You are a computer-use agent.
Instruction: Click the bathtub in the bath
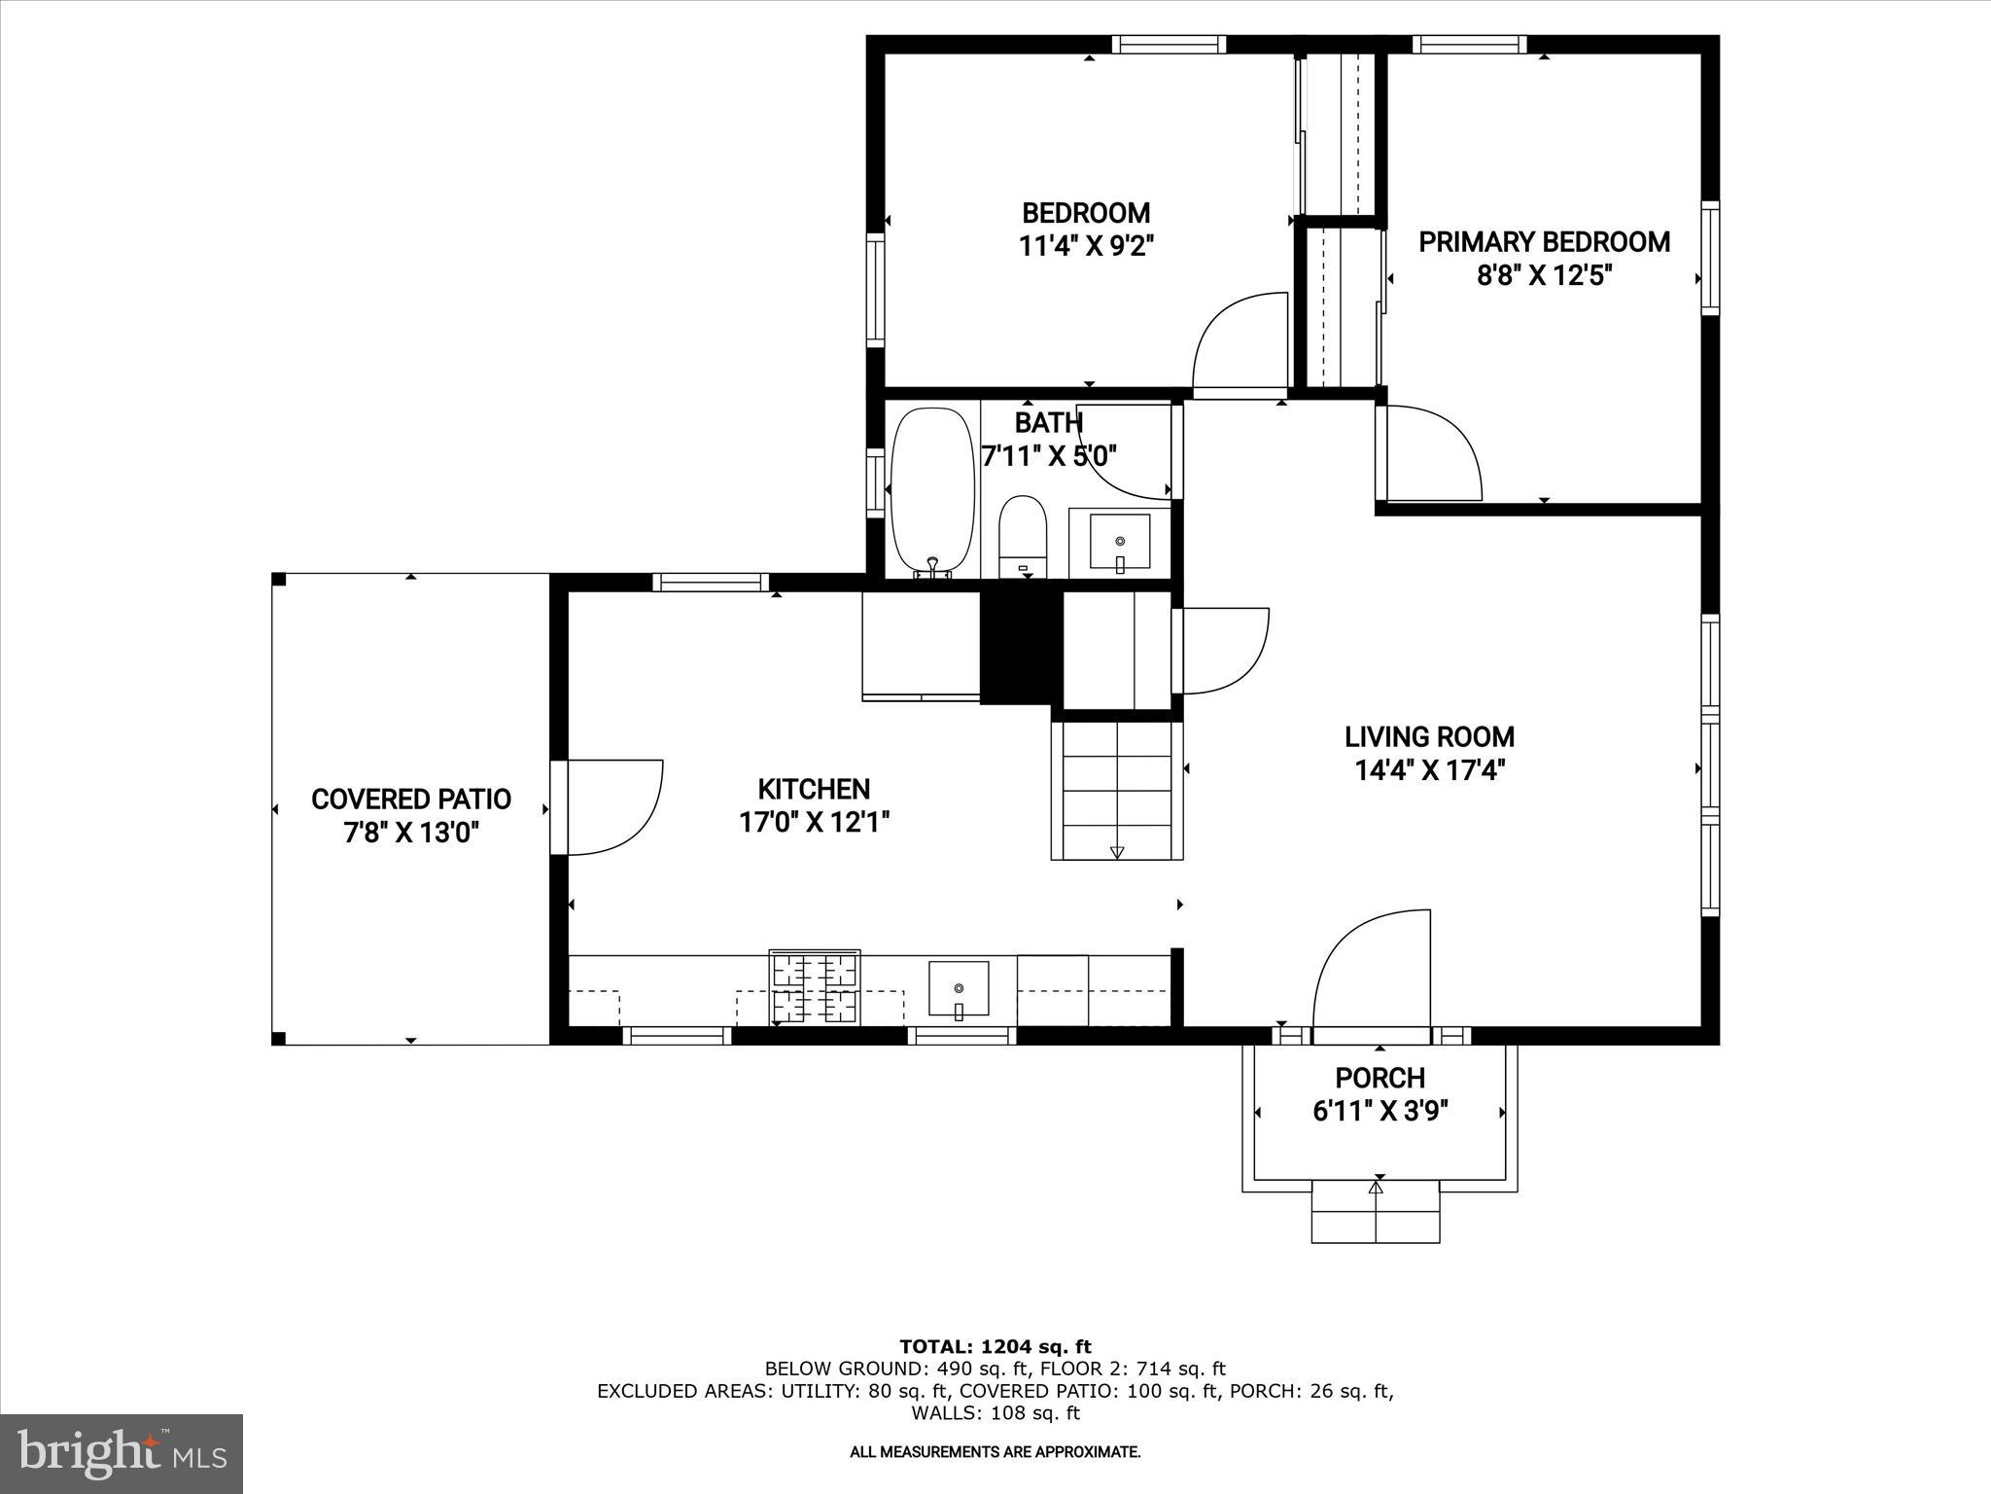(932, 491)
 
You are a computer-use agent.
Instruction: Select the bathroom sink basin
(1120, 542)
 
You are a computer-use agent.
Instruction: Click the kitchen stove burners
(815, 987)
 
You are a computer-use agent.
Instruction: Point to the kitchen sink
(959, 988)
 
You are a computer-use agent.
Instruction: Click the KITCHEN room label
(814, 789)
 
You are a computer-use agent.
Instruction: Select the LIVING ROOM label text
(1429, 736)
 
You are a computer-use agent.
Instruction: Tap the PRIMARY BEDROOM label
(1544, 242)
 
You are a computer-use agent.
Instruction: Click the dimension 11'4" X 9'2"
(1086, 246)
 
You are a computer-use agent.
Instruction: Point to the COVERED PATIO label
(411, 800)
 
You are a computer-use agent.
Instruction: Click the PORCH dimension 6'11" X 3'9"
(1380, 1112)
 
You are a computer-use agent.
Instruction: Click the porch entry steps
(1376, 1210)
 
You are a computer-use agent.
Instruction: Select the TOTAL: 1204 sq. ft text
(995, 1347)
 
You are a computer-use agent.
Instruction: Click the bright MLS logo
(122, 1454)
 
